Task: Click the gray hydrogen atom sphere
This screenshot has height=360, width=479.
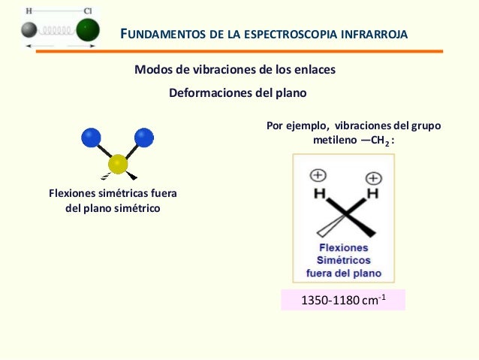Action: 29,30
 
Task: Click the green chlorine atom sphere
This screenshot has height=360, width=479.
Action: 87,30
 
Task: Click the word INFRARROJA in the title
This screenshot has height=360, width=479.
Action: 371,35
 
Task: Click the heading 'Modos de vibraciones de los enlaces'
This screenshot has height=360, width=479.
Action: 234,69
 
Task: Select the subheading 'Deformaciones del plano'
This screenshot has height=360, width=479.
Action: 238,93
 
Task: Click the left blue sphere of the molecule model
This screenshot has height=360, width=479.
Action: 91,137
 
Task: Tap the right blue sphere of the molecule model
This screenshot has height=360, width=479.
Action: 143,137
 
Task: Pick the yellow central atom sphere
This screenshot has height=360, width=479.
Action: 118,164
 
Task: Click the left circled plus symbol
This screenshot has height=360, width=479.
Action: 318,175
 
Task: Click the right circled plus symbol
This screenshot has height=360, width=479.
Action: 373,178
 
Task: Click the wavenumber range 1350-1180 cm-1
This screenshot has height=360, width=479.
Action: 342,301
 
